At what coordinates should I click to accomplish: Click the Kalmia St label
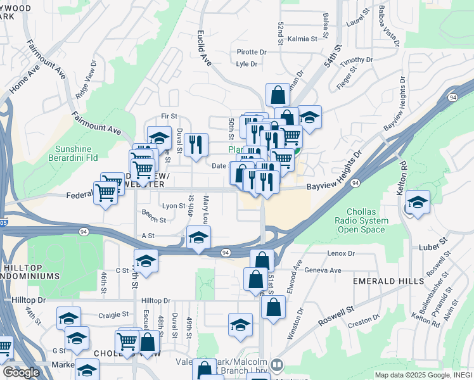click(302, 39)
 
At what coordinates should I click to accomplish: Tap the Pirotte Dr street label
click(252, 52)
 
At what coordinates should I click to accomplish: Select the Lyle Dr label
click(247, 64)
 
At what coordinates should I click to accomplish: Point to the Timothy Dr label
click(356, 60)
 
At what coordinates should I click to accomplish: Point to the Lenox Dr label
click(342, 253)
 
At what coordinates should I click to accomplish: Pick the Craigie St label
click(114, 314)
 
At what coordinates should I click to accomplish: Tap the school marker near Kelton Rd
click(418, 203)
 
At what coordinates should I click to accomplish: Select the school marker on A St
click(198, 238)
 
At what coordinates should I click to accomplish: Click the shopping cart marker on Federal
click(105, 194)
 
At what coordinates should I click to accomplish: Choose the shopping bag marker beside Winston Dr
click(273, 308)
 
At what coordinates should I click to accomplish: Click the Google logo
click(21, 372)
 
